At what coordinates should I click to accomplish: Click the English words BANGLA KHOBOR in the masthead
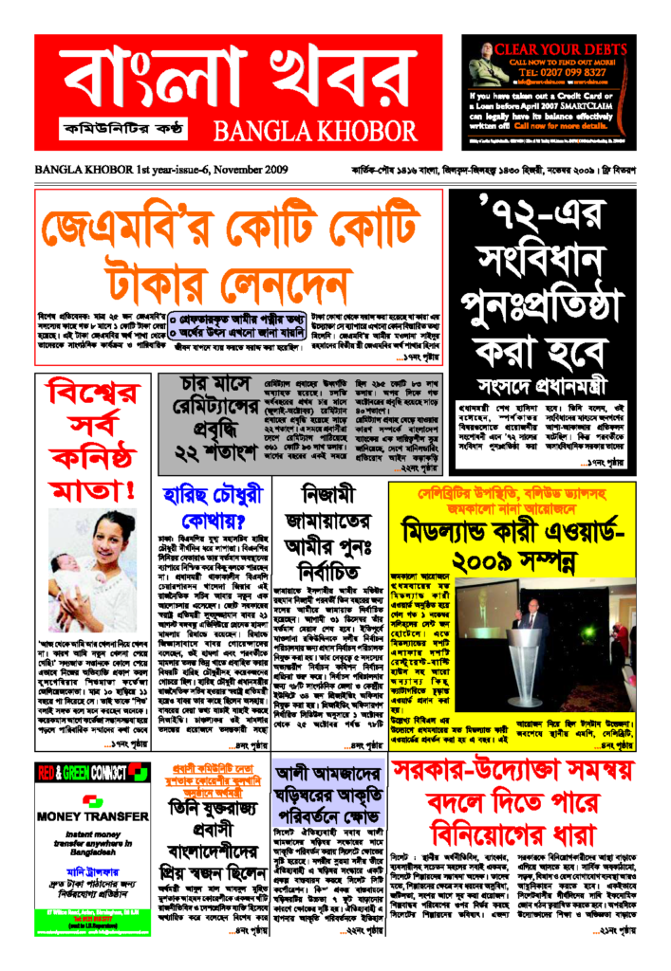click(312, 128)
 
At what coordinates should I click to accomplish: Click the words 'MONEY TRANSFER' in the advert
click(84, 814)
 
